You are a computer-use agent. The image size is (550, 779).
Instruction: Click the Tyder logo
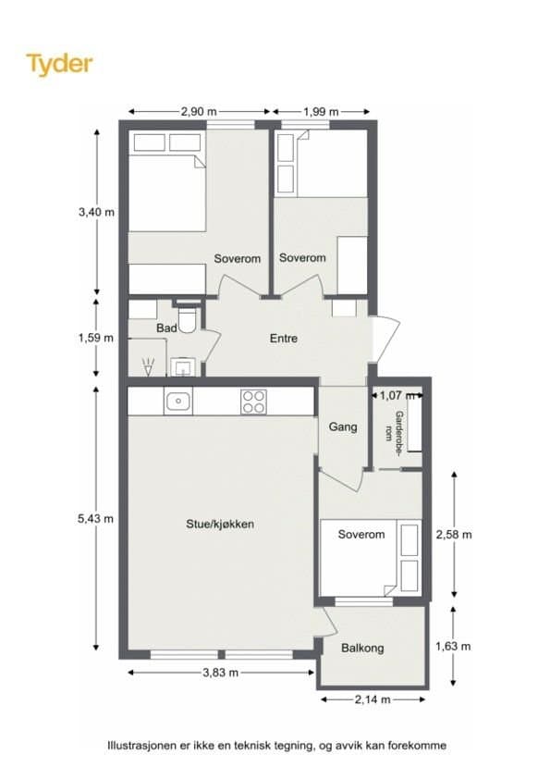(x=59, y=64)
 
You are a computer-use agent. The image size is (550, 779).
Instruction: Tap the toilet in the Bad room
(x=189, y=317)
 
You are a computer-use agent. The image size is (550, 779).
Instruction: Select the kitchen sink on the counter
(x=178, y=402)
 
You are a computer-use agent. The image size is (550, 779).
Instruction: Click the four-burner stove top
(x=253, y=402)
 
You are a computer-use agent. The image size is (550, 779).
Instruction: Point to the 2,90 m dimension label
(x=199, y=112)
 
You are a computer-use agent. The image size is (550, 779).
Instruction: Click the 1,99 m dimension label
(x=321, y=112)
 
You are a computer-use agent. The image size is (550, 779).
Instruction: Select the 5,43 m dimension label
(x=96, y=519)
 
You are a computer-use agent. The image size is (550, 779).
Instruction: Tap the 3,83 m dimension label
(x=220, y=673)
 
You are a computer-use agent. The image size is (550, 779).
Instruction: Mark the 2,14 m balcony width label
(x=373, y=699)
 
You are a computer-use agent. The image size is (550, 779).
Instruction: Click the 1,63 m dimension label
(x=453, y=647)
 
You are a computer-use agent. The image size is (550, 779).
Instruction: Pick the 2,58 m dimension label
(x=454, y=535)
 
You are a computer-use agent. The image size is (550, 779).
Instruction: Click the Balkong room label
(x=362, y=648)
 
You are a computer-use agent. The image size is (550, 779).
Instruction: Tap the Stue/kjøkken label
(x=220, y=525)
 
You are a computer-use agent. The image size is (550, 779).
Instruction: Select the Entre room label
(x=284, y=339)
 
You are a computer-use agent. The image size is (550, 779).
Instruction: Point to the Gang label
(x=343, y=427)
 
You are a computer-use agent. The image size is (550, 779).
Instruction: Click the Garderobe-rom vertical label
(x=395, y=427)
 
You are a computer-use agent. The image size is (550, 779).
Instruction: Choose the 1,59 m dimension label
(x=96, y=338)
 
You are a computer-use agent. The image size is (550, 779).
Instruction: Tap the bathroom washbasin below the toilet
(x=183, y=367)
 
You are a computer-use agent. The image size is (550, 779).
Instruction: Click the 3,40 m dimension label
(x=96, y=212)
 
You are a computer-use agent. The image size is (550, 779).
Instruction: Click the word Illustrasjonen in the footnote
(x=141, y=745)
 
